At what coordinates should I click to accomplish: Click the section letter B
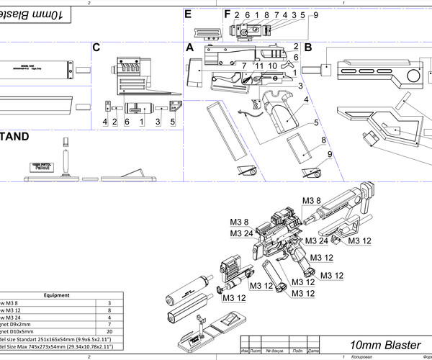click(307, 48)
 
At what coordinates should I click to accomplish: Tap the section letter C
click(96, 48)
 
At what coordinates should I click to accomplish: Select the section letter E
click(188, 14)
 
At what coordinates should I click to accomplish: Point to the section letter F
click(228, 14)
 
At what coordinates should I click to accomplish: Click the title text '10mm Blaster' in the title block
click(385, 345)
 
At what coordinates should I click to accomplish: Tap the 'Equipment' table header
click(56, 295)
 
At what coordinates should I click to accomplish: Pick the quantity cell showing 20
click(109, 331)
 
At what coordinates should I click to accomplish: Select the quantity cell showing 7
click(109, 322)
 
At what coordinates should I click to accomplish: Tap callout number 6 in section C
click(127, 122)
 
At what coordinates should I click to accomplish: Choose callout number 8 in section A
click(324, 140)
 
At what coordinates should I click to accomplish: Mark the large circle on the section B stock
click(415, 75)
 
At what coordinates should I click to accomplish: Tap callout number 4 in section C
click(105, 122)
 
